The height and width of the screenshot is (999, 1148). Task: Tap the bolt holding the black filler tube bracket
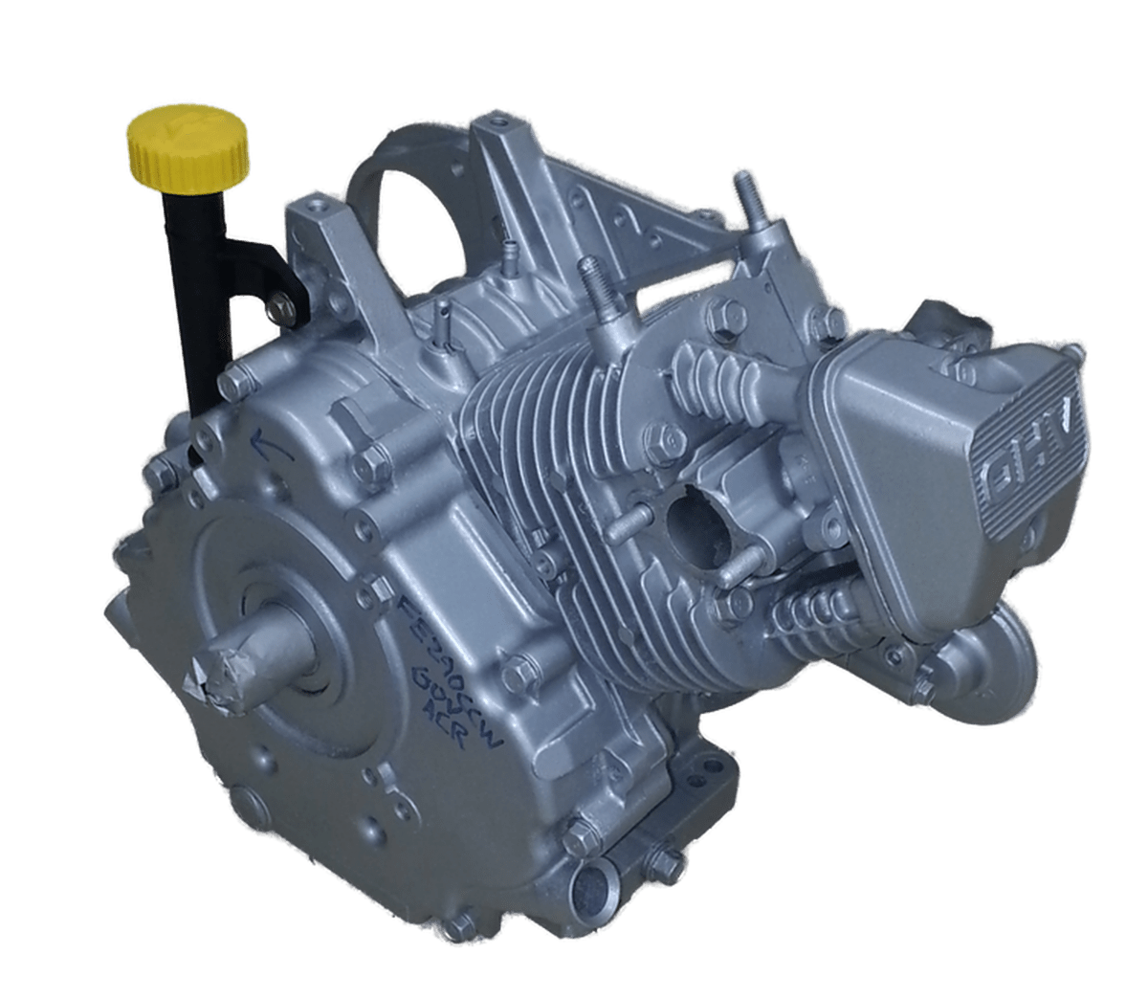(x=281, y=305)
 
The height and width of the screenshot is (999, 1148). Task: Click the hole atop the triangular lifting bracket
(x=497, y=122)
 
